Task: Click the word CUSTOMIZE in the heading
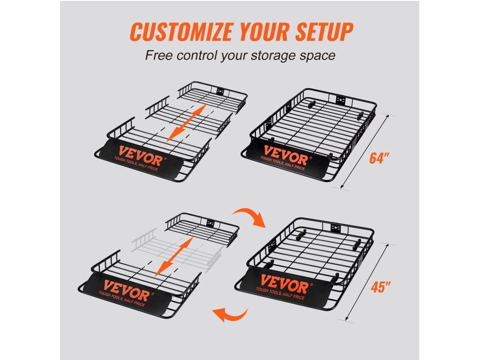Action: point(181,31)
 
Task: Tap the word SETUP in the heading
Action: point(324,31)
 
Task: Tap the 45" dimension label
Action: point(381,287)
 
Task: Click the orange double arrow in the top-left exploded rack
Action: point(186,123)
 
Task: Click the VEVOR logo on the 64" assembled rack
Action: point(285,156)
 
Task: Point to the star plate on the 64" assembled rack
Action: point(340,100)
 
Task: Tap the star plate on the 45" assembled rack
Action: point(335,227)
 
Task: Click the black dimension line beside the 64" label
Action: point(364,151)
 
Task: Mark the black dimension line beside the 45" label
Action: point(367,282)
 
